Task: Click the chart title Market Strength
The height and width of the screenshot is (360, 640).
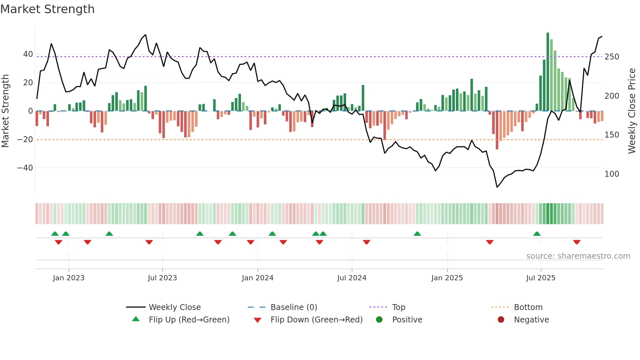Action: point(47,9)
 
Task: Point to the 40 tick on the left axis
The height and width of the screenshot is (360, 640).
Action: point(28,54)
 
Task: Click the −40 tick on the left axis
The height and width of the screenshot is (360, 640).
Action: point(25,168)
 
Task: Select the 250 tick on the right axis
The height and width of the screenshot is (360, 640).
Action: point(612,57)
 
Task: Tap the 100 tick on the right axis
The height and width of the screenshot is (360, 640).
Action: point(612,174)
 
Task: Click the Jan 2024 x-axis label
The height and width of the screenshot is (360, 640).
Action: point(257,278)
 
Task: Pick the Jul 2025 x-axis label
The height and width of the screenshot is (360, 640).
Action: point(540,278)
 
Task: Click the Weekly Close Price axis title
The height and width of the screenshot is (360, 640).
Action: point(632,111)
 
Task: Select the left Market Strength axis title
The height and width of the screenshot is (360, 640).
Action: point(5,111)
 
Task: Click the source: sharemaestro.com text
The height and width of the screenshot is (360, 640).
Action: point(578,256)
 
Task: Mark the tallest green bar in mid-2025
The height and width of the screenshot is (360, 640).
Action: point(548,72)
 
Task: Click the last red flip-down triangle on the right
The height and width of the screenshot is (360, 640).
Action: point(577,242)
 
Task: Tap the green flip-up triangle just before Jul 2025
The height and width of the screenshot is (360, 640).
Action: point(537,234)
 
